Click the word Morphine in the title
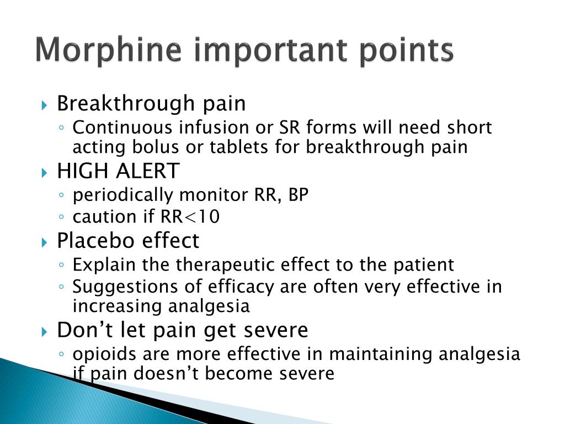108,51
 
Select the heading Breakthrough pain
151,103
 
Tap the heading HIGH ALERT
118,171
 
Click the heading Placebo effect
128,241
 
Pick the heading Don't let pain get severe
183,330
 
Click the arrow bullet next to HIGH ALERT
45,173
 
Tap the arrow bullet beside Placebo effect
45,242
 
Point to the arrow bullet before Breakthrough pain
45,104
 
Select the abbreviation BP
297,195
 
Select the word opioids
103,354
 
